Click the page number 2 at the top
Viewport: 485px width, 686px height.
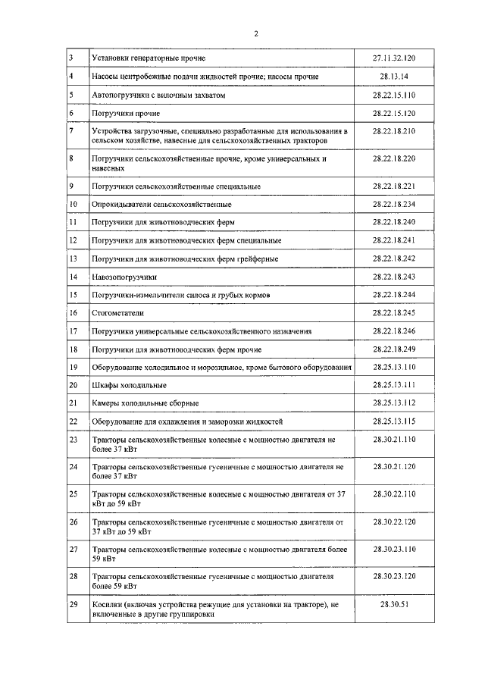[257, 33]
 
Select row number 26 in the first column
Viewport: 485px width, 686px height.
[74, 522]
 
